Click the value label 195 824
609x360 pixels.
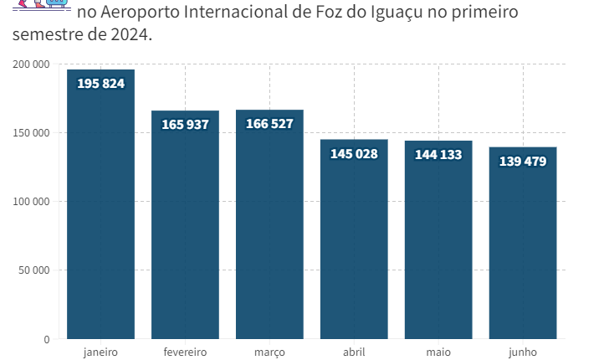100,84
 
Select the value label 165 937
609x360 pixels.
185,125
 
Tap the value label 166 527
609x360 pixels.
269,124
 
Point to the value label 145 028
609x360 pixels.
354,154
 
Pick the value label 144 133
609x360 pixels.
438,155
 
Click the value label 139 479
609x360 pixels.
523,162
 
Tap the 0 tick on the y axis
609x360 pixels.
47,339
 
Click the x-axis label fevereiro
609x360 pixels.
185,352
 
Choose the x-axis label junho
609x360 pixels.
523,352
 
